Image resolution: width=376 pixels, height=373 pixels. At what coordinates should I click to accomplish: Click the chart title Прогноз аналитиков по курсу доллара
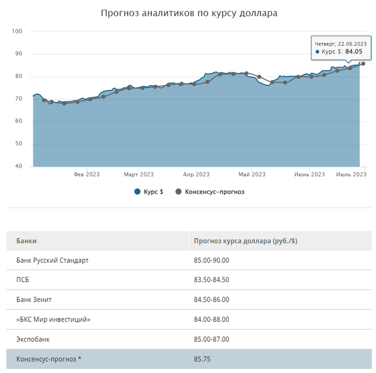tap(189, 12)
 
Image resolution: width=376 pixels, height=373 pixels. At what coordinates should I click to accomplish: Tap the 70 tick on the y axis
tap(18, 99)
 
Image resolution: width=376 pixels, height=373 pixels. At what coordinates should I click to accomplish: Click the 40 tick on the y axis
tap(18, 166)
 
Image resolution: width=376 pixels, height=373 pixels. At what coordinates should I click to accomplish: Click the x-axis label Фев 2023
tap(86, 174)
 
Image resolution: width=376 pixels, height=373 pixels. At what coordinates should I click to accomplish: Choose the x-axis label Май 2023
tap(251, 174)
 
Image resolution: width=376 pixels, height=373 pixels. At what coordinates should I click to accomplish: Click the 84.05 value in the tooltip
tap(353, 52)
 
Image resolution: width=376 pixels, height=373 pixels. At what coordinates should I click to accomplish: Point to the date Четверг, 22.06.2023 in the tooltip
tap(341, 44)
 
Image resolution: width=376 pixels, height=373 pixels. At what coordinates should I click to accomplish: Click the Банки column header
tap(27, 241)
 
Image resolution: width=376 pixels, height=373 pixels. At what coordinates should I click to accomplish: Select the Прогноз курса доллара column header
tap(245, 241)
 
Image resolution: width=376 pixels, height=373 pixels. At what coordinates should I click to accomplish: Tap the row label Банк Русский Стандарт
tap(52, 260)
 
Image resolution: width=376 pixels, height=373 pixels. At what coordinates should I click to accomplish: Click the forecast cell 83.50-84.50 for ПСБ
tap(212, 280)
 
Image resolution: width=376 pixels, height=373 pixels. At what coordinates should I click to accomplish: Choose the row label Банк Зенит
tap(34, 299)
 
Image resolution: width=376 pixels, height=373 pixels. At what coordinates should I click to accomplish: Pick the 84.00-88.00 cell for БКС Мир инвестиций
tap(212, 319)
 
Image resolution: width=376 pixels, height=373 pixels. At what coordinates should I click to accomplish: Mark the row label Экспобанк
tap(33, 339)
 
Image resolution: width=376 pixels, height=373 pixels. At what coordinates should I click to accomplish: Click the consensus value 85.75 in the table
tap(203, 359)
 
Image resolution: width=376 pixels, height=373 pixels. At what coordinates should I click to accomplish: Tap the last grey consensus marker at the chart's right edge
tap(363, 63)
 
